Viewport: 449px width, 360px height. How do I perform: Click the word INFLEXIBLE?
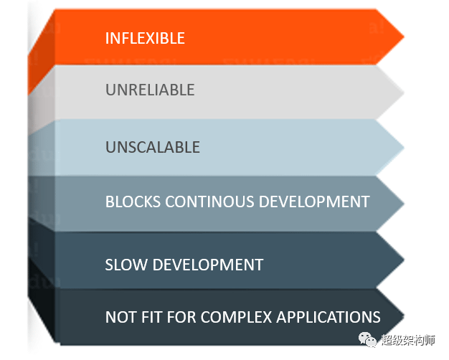tap(145, 38)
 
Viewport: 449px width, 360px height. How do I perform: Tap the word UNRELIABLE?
tap(150, 90)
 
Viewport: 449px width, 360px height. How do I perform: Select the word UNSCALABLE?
tap(153, 147)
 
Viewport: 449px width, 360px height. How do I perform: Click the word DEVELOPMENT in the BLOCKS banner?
tap(307, 202)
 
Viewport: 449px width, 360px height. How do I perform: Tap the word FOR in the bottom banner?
tap(179, 317)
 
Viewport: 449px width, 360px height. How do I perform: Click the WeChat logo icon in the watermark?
tap(369, 340)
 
